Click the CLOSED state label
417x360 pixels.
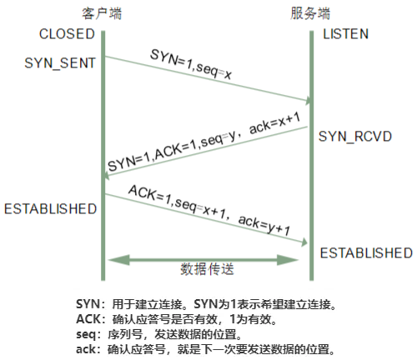click(67, 34)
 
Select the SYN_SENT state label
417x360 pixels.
click(60, 63)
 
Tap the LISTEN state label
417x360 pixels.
click(345, 34)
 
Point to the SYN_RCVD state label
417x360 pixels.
click(355, 137)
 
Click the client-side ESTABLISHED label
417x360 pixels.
click(50, 209)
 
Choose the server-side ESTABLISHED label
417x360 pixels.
click(366, 253)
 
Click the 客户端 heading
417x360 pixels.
click(102, 13)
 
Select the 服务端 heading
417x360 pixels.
click(310, 13)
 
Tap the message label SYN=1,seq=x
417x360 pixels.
click(191, 64)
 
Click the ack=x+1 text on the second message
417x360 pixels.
click(274, 123)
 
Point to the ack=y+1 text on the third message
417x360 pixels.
click(264, 225)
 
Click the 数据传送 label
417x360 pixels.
click(207, 269)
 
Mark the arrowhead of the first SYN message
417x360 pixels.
click(309, 101)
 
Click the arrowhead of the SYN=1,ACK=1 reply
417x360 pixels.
click(106, 176)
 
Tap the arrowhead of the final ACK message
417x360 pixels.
click(304, 242)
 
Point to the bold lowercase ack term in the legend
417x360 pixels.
click(86, 349)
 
